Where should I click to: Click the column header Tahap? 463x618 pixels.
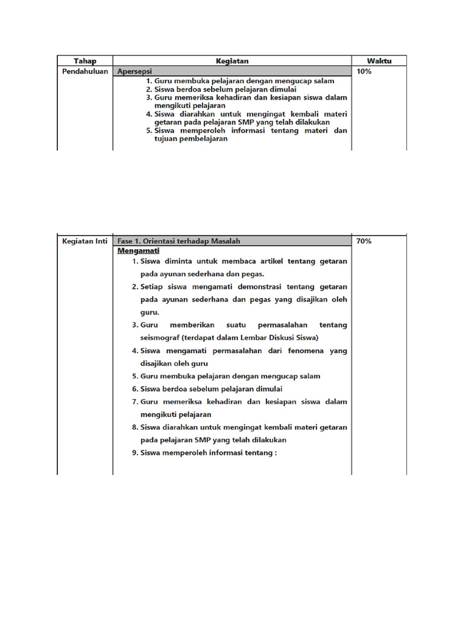pyautogui.click(x=85, y=61)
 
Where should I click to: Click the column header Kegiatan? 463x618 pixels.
pyautogui.click(x=232, y=61)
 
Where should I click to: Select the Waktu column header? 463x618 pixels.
pyautogui.click(x=379, y=61)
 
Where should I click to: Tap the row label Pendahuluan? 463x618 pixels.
pyautogui.click(x=85, y=71)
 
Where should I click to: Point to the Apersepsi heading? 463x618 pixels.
pyautogui.click(x=135, y=71)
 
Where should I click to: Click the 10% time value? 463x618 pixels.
pyautogui.click(x=364, y=71)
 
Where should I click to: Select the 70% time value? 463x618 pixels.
pyautogui.click(x=364, y=241)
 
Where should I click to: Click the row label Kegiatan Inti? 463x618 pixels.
pyautogui.click(x=85, y=241)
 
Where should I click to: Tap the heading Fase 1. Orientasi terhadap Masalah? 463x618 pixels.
pyautogui.click(x=179, y=241)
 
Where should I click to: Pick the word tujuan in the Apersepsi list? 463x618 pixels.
pyautogui.click(x=166, y=139)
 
